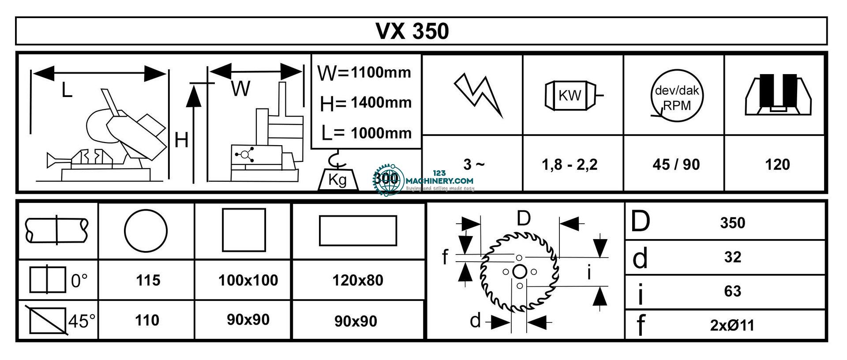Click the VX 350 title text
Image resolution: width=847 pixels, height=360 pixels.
(412, 31)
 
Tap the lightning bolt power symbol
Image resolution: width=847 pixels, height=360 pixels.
(479, 94)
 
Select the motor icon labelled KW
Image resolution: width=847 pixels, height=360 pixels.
(571, 95)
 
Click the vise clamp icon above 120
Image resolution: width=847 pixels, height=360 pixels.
(778, 95)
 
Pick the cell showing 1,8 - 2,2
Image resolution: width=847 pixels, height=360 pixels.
(570, 165)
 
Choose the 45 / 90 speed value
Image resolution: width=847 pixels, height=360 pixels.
(676, 165)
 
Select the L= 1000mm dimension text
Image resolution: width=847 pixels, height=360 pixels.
(366, 133)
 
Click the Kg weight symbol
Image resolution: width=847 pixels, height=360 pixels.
(337, 179)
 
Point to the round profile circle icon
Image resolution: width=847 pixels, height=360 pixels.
(146, 230)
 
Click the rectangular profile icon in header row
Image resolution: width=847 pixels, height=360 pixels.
(358, 230)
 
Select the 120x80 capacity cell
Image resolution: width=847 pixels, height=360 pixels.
(358, 280)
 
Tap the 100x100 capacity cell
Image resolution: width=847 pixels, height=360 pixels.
(248, 280)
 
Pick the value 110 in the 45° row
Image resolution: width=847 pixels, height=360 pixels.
(147, 320)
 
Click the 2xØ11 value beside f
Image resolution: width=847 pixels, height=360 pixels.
(732, 325)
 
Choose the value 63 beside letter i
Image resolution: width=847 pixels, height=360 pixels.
(732, 291)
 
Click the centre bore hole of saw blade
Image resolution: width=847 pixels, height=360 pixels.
(520, 271)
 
